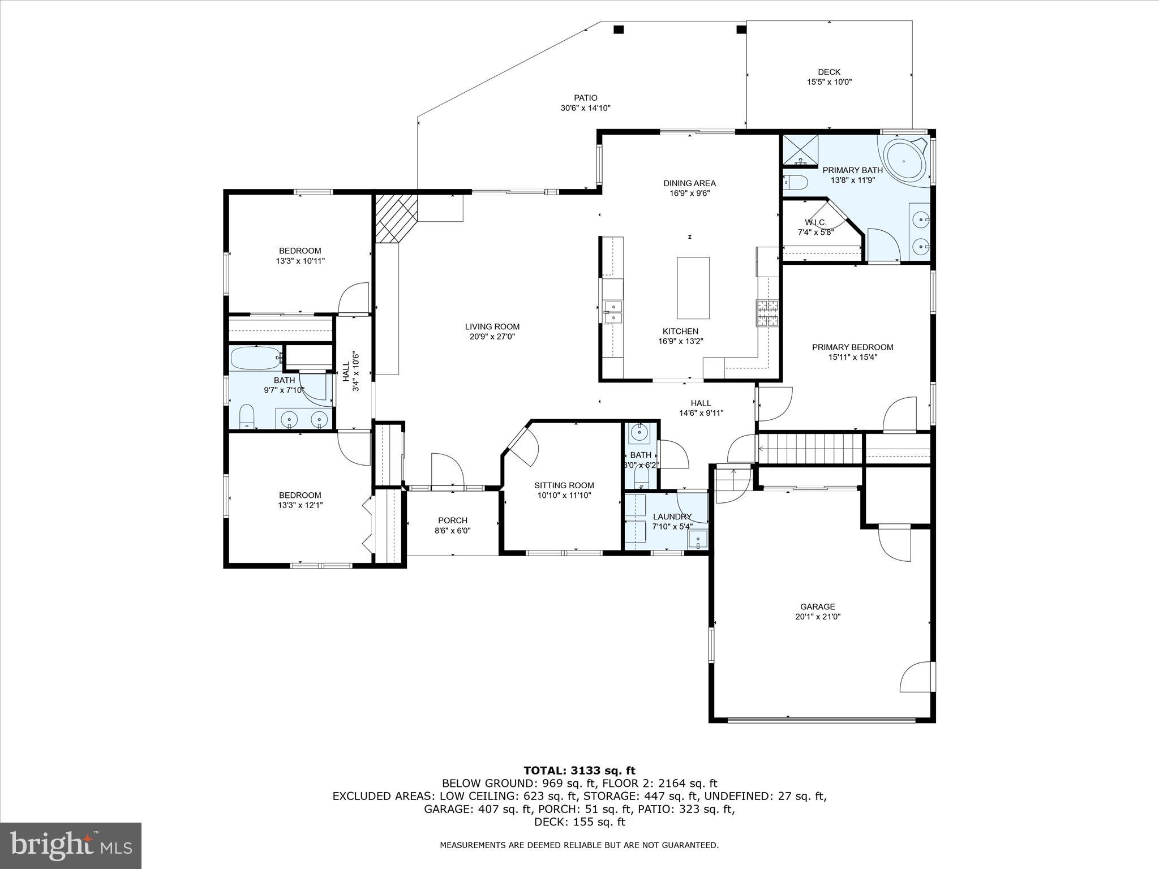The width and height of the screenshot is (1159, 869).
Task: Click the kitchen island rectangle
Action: (x=693, y=288)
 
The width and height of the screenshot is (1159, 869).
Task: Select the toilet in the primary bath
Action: (x=796, y=182)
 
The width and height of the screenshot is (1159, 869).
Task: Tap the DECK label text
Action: (x=829, y=72)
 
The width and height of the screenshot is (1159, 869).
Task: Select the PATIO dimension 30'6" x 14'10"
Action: (x=585, y=108)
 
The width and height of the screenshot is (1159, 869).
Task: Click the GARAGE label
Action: (x=818, y=606)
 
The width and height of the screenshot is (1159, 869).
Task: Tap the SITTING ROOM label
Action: (x=564, y=485)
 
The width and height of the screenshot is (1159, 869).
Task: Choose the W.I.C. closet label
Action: (x=815, y=222)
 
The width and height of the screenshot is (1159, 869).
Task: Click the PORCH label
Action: (x=453, y=520)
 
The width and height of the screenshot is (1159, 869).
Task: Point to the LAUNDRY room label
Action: (x=672, y=516)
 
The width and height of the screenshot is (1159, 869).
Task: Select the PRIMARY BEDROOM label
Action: (x=852, y=347)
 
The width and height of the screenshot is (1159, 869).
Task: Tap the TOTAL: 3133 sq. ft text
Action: (x=579, y=771)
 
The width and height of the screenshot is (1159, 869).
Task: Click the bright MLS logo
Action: (x=71, y=845)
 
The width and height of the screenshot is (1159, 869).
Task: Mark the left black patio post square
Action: (x=619, y=29)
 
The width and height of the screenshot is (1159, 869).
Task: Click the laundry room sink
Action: (x=698, y=540)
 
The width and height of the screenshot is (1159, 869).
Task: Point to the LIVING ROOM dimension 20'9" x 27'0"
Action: (x=492, y=337)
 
